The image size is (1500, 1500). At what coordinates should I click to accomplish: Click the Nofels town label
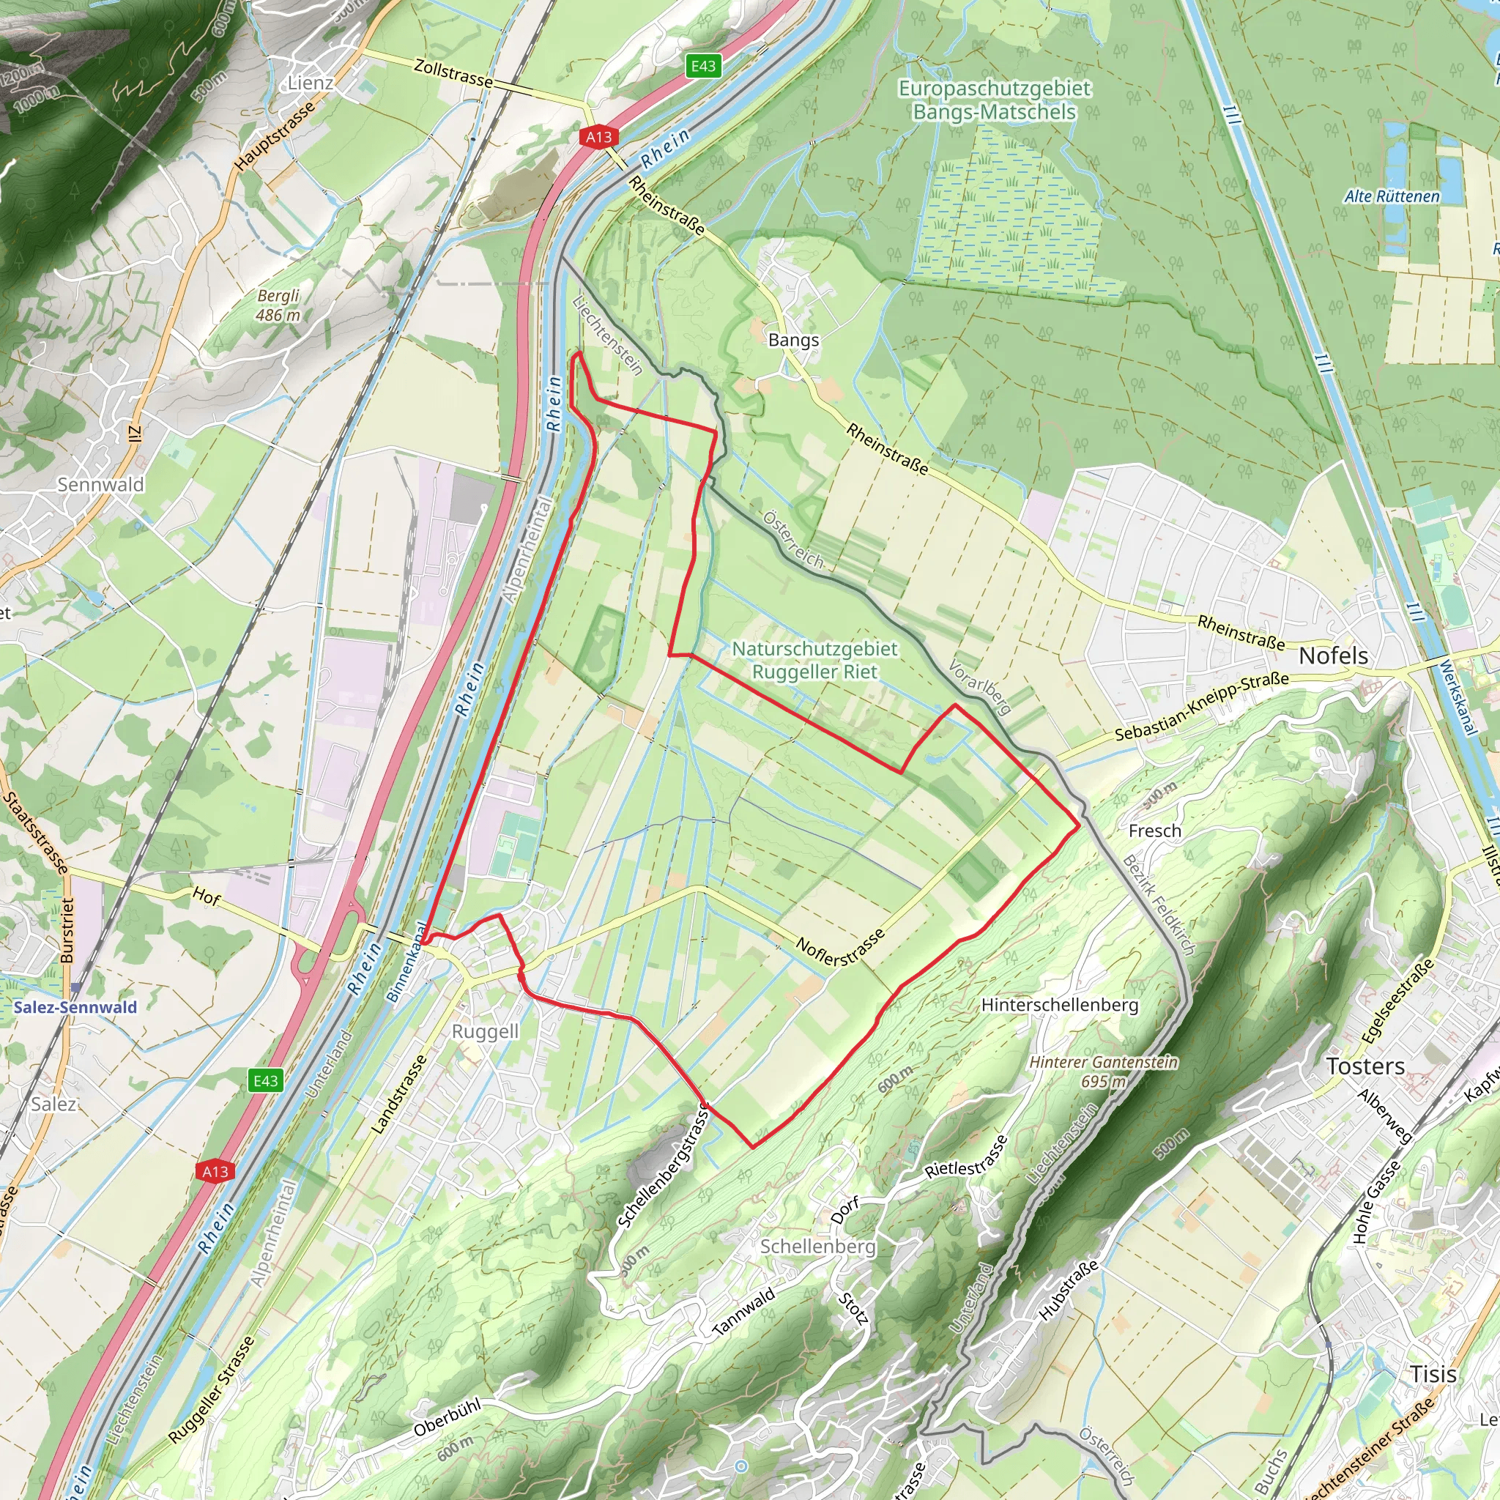point(1333,656)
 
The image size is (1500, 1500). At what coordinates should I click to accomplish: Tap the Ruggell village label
point(486,1031)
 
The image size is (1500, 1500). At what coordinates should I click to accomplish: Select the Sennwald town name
point(101,484)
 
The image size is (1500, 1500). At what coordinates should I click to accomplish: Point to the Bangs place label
point(792,340)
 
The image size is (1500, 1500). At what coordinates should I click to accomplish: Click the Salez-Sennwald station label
point(75,1007)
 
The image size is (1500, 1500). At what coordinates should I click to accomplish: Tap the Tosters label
point(1365,1066)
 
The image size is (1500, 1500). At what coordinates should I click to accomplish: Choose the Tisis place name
point(1433,1373)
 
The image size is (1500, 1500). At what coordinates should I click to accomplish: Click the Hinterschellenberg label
point(1060,1005)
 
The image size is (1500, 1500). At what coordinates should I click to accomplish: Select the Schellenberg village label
point(817,1246)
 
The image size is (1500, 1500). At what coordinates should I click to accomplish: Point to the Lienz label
point(311,83)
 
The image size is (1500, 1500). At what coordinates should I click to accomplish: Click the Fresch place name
point(1154,831)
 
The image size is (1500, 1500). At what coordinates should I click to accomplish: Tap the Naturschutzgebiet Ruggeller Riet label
point(814,660)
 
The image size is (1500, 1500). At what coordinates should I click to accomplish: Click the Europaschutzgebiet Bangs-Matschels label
point(995,100)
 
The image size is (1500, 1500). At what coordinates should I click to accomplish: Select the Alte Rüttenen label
point(1392,196)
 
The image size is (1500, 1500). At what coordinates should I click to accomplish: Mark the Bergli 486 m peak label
point(278,305)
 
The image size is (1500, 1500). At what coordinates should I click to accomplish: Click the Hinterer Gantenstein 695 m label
point(1103,1072)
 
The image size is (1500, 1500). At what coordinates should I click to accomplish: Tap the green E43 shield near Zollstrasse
point(703,66)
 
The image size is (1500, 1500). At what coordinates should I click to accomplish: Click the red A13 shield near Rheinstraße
point(598,138)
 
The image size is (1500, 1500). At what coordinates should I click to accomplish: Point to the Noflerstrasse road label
point(840,948)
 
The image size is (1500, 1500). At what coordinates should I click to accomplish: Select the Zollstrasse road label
point(453,74)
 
